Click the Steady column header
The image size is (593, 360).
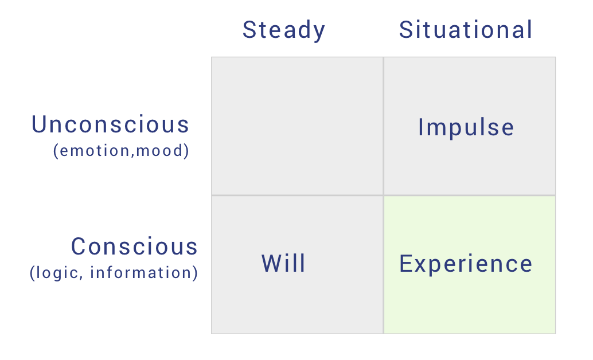284,30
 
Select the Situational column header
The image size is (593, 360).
466,29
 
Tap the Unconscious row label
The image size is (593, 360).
110,124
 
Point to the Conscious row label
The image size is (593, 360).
134,246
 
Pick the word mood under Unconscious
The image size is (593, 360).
159,151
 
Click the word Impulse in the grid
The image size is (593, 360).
466,127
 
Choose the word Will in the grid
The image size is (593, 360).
284,263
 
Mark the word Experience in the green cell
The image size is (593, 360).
466,264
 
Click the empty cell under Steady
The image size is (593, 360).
297,126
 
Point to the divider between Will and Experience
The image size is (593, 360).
384,265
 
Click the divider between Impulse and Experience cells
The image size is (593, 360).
470,195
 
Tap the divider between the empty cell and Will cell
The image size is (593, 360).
297,195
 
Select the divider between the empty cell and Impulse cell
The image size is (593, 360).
384,126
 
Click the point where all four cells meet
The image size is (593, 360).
384,195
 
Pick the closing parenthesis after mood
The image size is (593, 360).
186,151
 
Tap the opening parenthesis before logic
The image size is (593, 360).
33,273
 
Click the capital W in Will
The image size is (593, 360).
271,263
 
